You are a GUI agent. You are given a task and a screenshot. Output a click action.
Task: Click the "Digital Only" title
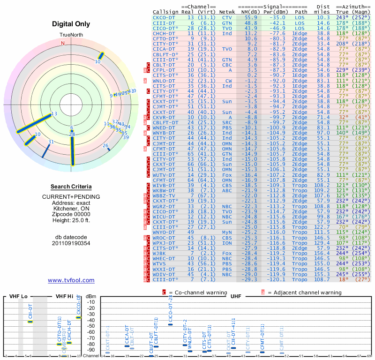coord(71,24)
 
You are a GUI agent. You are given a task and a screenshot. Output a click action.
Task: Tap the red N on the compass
coord(62,43)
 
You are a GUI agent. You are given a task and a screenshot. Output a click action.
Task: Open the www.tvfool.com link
coord(71,280)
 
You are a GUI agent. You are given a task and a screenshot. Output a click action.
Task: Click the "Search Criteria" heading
coord(71,187)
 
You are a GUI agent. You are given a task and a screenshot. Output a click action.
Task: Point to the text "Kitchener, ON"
coord(71,209)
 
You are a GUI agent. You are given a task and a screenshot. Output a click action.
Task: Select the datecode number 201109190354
coord(71,243)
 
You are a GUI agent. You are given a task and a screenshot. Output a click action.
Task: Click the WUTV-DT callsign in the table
coord(164,174)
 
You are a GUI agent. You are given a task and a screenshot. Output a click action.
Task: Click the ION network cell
coord(227,243)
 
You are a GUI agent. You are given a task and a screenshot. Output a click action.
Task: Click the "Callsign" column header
coord(166,12)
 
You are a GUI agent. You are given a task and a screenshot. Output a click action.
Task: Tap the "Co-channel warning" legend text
coord(189,292)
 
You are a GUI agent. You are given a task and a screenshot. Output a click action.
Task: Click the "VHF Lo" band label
coord(18,297)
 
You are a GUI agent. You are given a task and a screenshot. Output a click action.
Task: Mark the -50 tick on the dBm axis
coord(91,326)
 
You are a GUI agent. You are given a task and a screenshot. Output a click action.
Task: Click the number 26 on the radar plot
coord(106,146)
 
